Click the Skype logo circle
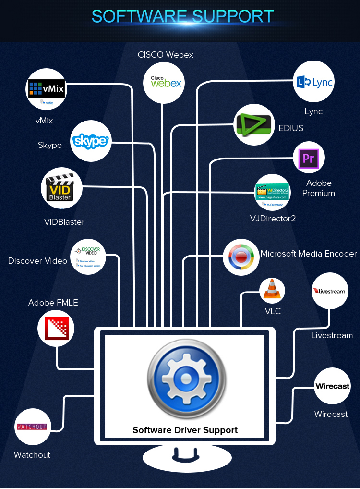[x=91, y=141]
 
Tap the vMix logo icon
[x=46, y=89]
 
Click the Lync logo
[x=314, y=83]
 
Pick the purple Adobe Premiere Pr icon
[x=309, y=158]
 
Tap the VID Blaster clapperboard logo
[x=61, y=188]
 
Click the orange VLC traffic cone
[x=272, y=290]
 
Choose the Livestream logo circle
[x=330, y=291]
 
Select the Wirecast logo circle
[x=332, y=386]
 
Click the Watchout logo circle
[x=33, y=427]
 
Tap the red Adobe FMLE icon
[x=57, y=329]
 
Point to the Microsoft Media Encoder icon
[x=241, y=257]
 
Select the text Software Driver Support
[x=185, y=430]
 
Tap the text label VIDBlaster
[x=64, y=222]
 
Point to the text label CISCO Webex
[x=166, y=55]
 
